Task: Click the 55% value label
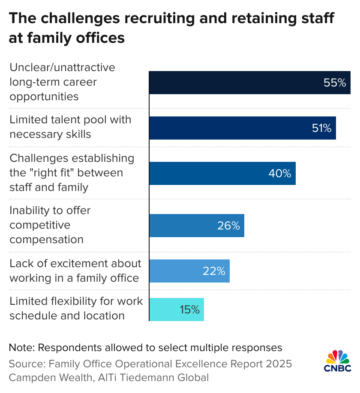335,83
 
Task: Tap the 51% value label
321,128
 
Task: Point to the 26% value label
228,226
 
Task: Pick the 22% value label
214,271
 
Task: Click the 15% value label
189,310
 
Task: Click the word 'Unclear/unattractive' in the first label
63,67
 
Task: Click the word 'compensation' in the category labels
46,239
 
